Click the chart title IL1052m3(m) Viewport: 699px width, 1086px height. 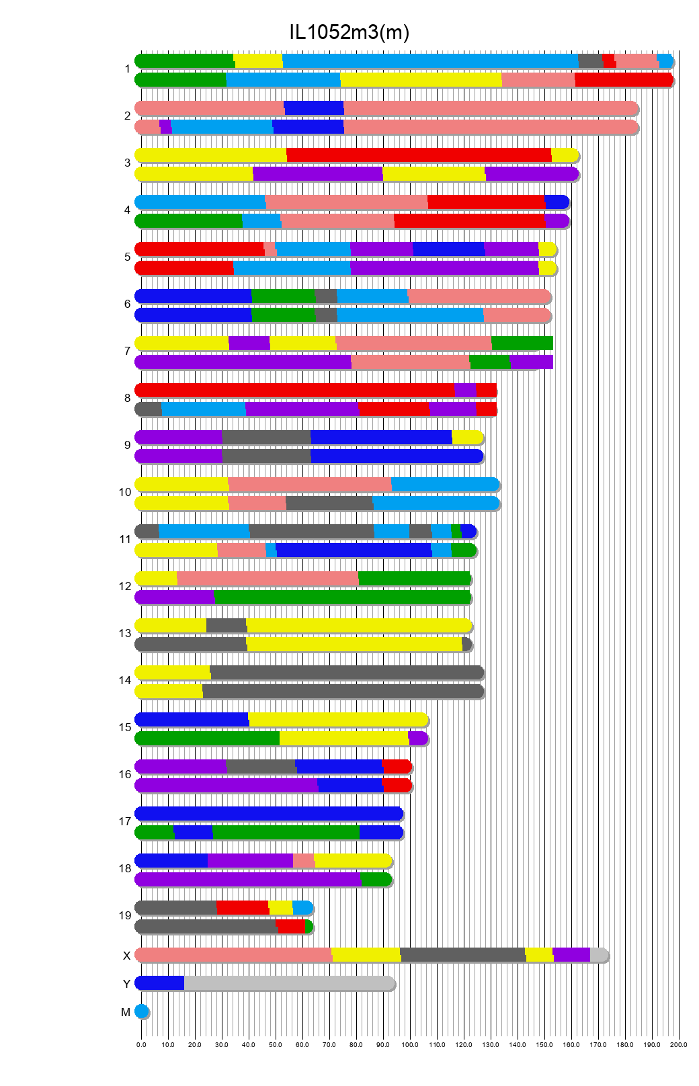(349, 32)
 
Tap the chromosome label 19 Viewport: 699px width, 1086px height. (125, 915)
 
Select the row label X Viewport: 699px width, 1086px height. (126, 956)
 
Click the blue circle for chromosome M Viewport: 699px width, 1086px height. (141, 1011)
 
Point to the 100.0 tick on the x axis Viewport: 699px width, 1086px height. (410, 1044)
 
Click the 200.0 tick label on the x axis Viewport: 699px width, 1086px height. (679, 1044)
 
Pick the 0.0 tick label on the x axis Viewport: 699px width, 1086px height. (141, 1044)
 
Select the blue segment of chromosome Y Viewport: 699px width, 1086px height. (160, 983)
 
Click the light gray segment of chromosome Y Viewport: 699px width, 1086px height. (289, 983)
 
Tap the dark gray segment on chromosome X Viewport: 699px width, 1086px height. (463, 955)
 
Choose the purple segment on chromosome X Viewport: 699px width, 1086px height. (571, 955)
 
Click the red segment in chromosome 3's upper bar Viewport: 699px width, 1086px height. (419, 155)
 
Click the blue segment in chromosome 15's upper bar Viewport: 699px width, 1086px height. (192, 720)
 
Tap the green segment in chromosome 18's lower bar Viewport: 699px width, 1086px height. (376, 880)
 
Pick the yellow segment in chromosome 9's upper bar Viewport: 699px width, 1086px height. (467, 437)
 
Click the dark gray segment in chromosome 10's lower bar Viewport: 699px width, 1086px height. (329, 503)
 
